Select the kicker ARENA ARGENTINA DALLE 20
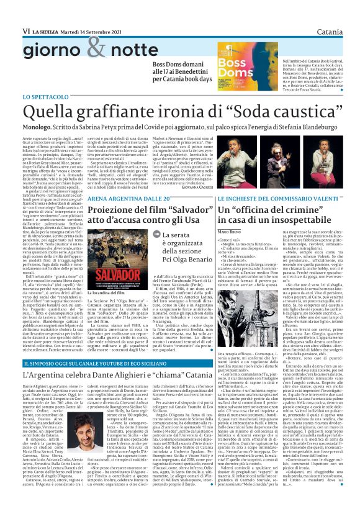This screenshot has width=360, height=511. pos(120,215)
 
